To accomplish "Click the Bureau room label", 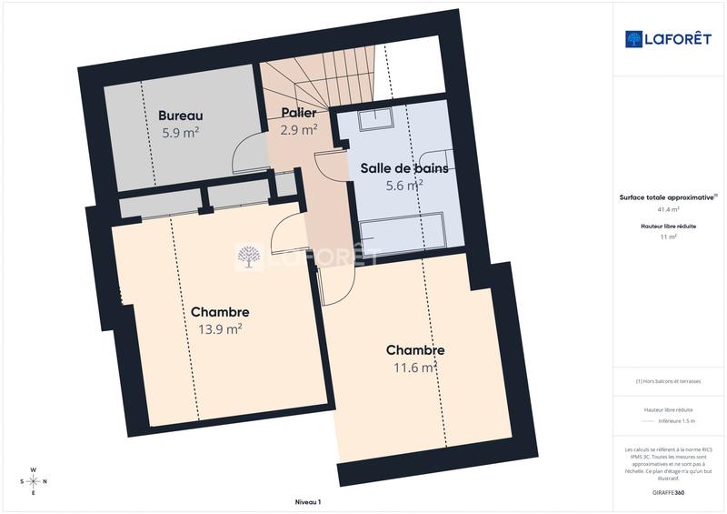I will point(180,116).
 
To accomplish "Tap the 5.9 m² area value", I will point(180,133).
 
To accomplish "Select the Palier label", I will point(298,113).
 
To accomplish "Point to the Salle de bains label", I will point(403,168).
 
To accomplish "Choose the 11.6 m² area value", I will point(414,368).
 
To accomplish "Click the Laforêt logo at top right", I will point(668,38).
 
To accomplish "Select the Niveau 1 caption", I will point(308,502).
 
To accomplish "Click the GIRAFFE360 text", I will point(668,491).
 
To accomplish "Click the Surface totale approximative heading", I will point(666,197).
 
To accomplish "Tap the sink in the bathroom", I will point(374,122).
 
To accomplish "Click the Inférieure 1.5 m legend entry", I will point(675,421).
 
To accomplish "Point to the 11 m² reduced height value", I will point(668,236).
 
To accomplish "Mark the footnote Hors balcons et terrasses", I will point(668,381).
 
